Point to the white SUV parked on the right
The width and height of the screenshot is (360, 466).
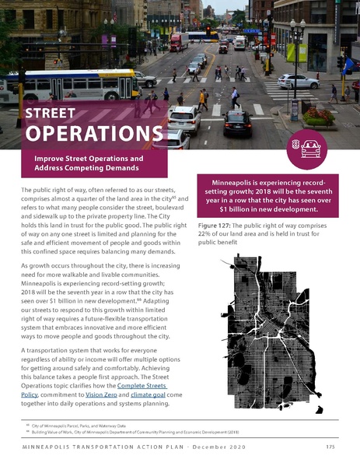[298, 81]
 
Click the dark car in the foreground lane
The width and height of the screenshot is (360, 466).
[237, 122]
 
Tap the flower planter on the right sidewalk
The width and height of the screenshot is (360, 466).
[320, 116]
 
